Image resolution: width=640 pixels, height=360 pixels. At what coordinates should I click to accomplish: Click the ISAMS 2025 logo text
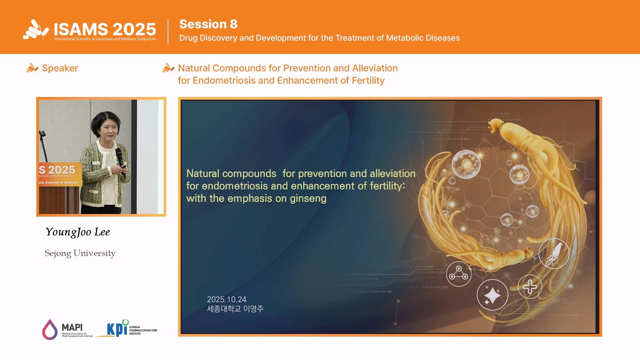pyautogui.click(x=105, y=29)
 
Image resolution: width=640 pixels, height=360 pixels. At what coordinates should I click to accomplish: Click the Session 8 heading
pyautogui.click(x=208, y=24)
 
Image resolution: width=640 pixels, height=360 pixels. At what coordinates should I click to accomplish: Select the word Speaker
pyautogui.click(x=60, y=68)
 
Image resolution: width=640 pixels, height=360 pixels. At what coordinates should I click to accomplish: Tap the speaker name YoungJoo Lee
pyautogui.click(x=78, y=232)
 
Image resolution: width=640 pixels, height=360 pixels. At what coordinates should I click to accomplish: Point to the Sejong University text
pyautogui.click(x=80, y=253)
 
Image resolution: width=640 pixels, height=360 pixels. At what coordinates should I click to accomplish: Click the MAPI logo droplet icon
pyautogui.click(x=50, y=329)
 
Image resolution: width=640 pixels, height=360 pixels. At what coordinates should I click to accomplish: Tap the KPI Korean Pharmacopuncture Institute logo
pyautogui.click(x=132, y=329)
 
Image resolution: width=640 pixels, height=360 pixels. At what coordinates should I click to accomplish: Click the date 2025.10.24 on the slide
pyautogui.click(x=227, y=299)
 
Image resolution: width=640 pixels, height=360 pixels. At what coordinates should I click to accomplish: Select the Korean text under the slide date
pyautogui.click(x=235, y=309)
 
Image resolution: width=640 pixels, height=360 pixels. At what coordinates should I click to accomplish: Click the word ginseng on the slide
pyautogui.click(x=308, y=199)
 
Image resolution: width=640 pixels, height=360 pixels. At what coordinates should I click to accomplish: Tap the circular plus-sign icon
pyautogui.click(x=530, y=287)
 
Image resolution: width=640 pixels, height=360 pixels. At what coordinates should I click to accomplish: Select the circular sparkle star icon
pyautogui.click(x=492, y=295)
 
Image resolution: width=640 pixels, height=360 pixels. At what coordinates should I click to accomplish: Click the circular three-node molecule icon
pyautogui.click(x=459, y=274)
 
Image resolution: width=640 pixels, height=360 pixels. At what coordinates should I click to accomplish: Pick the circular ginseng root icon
pyautogui.click(x=554, y=254)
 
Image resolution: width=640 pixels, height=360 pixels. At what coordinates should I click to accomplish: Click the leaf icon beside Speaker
pyautogui.click(x=32, y=68)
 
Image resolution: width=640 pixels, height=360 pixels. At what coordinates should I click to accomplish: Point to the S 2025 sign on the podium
pyautogui.click(x=57, y=170)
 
